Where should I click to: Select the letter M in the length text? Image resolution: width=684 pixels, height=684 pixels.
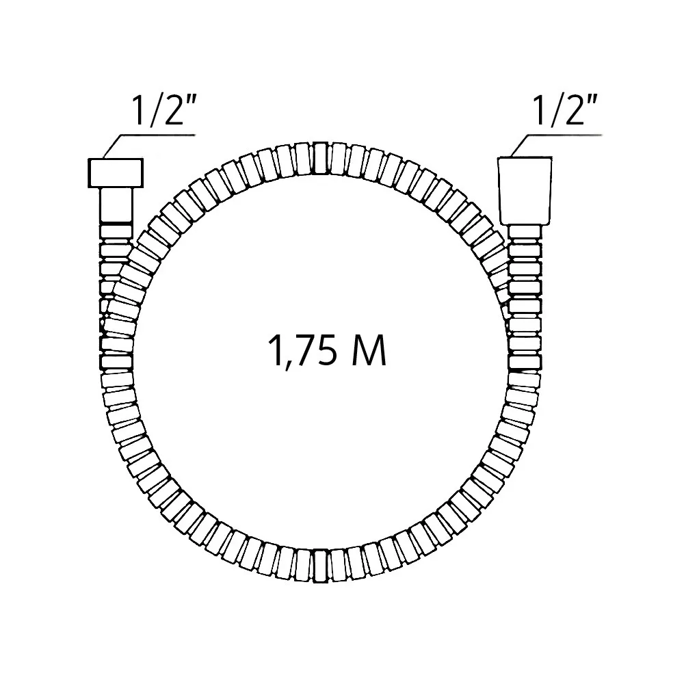coord(369,350)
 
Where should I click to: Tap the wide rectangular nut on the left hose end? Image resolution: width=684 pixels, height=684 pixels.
coord(116,173)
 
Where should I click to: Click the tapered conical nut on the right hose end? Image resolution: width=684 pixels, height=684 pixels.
coord(525,191)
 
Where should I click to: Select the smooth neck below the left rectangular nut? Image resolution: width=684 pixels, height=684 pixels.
coord(116,206)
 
